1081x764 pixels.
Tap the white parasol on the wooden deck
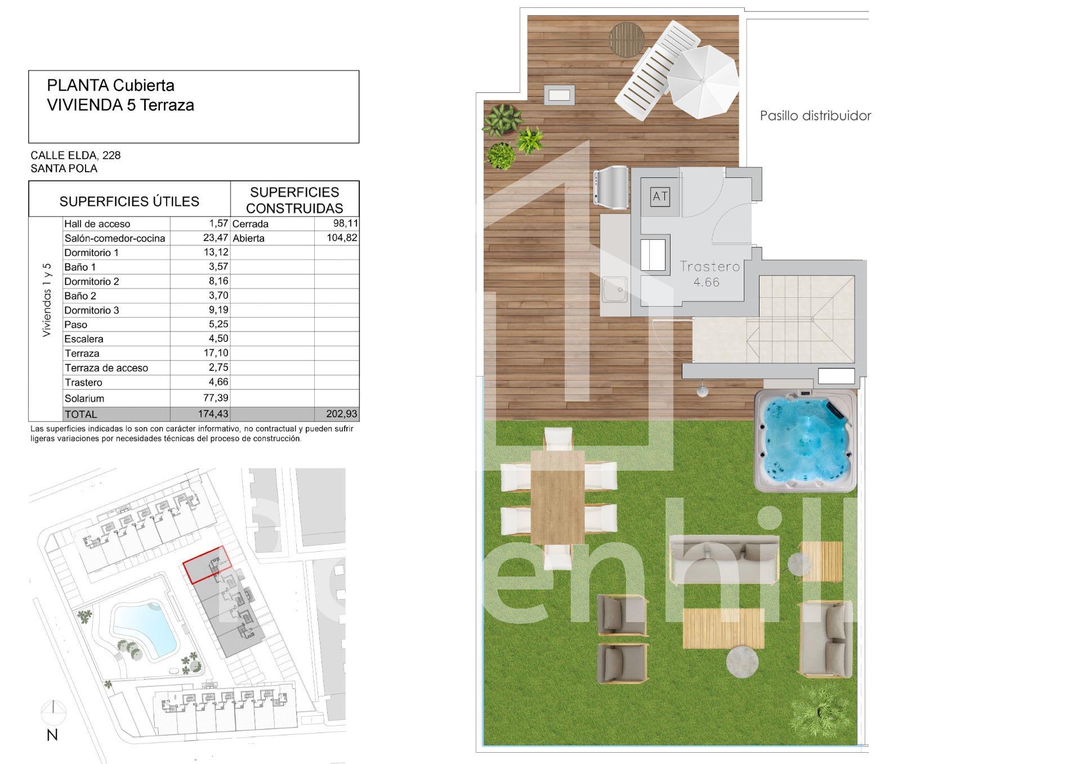[x=703, y=82]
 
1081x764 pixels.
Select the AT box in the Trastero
[x=660, y=196]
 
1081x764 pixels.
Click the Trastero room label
[x=709, y=266]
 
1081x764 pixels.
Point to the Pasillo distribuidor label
[x=815, y=116]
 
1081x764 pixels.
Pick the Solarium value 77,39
[x=215, y=398]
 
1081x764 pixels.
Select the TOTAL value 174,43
[x=213, y=414]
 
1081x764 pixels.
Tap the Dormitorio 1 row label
[x=92, y=253]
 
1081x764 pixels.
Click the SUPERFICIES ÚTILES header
[x=129, y=201]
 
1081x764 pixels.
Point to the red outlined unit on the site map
[x=207, y=565]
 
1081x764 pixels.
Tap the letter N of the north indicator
[x=52, y=735]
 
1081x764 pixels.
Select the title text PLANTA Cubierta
[x=111, y=86]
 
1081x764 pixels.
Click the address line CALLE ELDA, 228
[x=75, y=155]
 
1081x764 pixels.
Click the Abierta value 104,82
[x=342, y=238]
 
